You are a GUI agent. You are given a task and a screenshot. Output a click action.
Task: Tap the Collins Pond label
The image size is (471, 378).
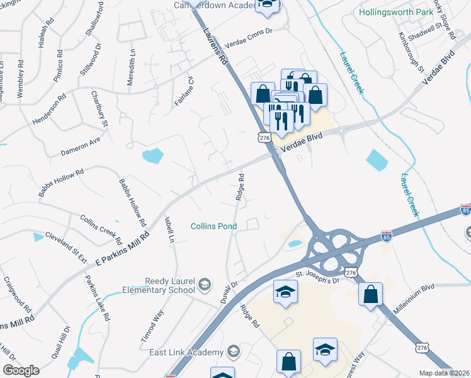[x=215, y=226]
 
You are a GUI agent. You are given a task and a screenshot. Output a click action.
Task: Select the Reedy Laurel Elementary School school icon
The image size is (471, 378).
[x=205, y=285]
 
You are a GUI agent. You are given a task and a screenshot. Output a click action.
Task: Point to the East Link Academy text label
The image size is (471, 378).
[x=186, y=352]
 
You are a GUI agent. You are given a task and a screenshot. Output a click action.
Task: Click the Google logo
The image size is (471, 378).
[x=21, y=370]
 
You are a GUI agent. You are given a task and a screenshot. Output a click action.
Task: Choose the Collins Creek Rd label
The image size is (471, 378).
[x=101, y=230]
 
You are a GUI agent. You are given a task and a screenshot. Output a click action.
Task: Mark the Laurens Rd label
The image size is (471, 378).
[x=214, y=46]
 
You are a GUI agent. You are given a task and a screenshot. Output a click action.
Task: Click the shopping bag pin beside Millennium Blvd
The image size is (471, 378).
[x=370, y=294]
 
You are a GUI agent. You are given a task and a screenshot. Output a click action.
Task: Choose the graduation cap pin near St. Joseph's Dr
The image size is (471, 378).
[x=285, y=292]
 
